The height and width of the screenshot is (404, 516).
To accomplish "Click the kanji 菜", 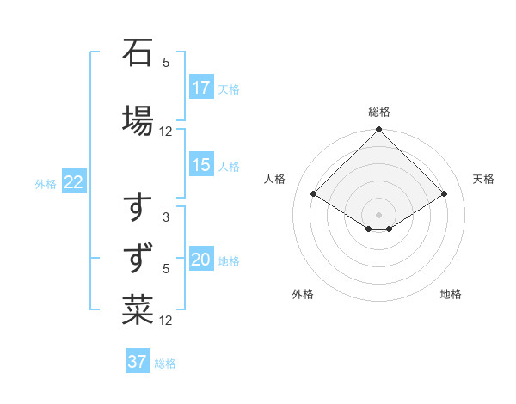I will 138,309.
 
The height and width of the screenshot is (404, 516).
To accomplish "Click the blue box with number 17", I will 201,88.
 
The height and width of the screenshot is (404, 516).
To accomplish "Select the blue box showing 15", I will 201,166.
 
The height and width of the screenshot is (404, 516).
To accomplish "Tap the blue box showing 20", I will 201,260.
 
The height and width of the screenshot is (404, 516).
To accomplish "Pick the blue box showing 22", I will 74,182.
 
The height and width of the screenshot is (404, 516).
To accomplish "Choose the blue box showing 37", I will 138,362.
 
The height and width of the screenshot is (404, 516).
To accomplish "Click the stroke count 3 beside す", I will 166,217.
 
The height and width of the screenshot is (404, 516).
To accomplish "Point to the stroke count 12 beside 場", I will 166,132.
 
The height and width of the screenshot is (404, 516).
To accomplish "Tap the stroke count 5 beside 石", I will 166,62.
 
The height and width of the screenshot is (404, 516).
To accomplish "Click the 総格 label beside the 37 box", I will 165,364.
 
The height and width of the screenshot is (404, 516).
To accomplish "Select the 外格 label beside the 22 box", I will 46,183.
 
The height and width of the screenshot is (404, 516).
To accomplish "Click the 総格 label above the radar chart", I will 379,112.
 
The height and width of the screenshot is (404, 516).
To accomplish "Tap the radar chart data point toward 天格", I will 445,194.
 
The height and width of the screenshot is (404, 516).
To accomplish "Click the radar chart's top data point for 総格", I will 379,130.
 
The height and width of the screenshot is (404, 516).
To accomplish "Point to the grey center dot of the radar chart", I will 379,214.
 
